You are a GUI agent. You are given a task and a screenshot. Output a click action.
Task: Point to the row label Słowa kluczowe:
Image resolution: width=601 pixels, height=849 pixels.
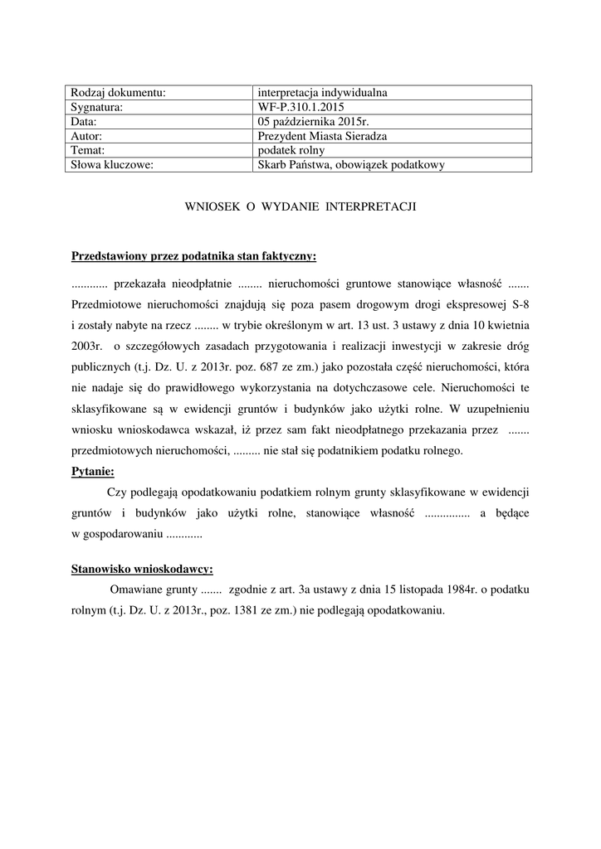pos(113,165)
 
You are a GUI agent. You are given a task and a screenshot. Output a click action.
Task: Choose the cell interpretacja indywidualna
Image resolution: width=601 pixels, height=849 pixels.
pos(324,93)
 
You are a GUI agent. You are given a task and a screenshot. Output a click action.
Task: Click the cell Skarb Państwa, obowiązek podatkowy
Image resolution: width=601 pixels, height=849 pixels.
pos(351,165)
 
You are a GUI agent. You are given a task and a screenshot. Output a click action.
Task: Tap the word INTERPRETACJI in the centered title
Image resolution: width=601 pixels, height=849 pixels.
pos(369,206)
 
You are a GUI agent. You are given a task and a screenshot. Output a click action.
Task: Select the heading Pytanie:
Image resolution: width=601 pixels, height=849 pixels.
pos(94,472)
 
